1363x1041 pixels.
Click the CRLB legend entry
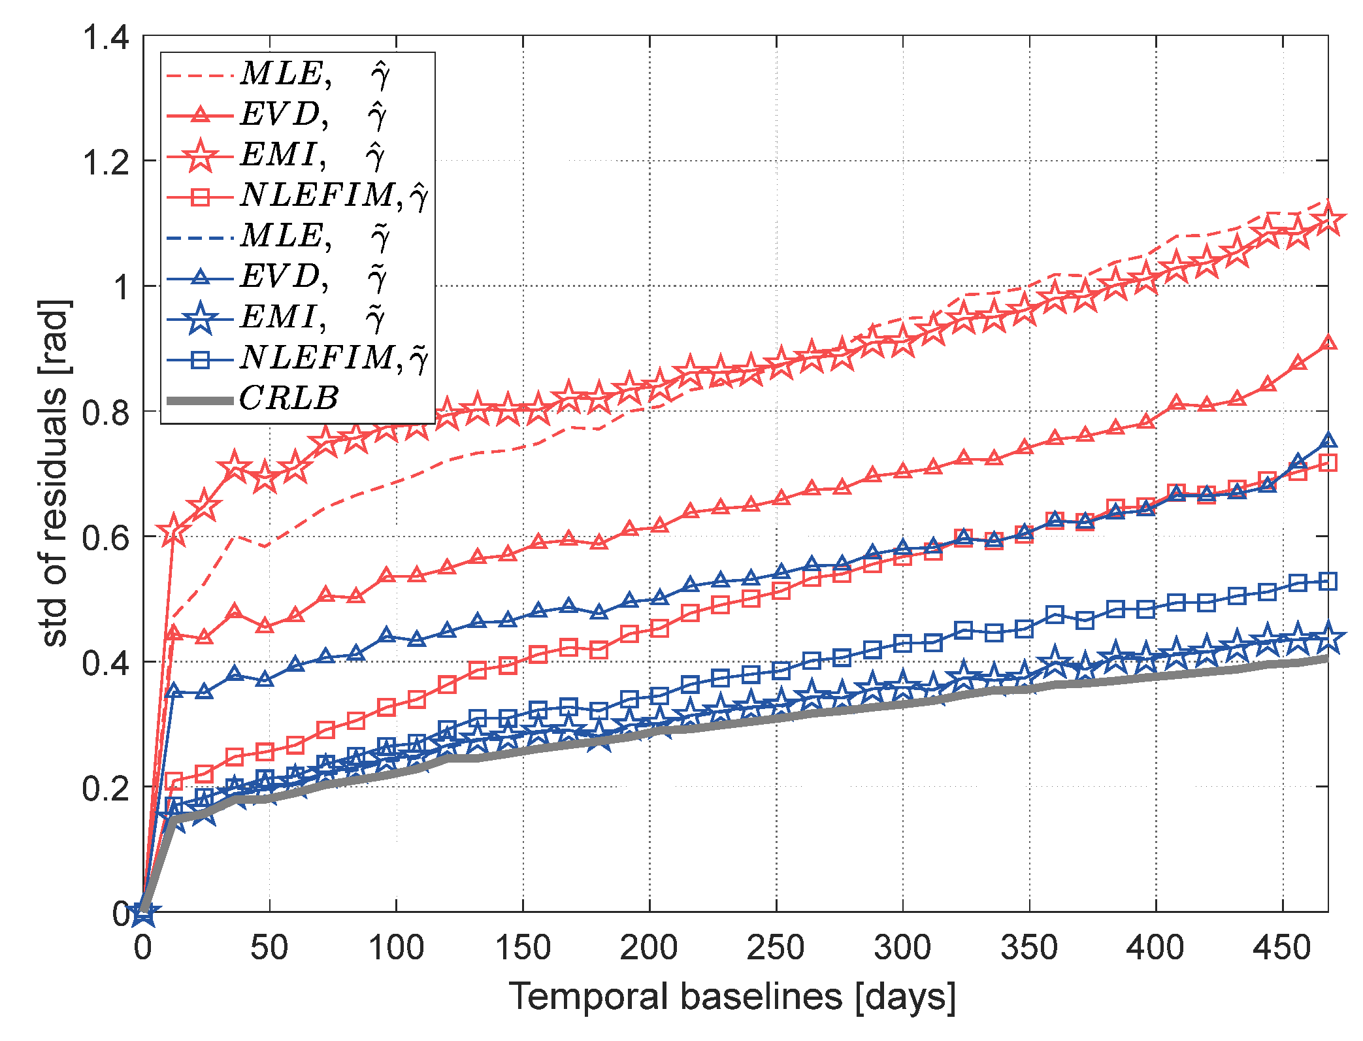click(x=287, y=398)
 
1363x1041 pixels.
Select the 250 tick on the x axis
click(x=776, y=947)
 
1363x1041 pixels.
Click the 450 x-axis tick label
click(x=1282, y=947)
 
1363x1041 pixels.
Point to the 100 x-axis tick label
click(x=396, y=947)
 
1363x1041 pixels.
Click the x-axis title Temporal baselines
click(x=732, y=997)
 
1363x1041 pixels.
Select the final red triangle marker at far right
click(x=1328, y=342)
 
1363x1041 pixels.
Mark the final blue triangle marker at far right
click(x=1328, y=440)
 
